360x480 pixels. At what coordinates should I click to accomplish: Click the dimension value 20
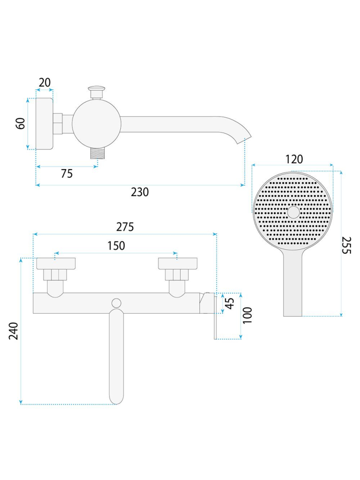[45, 82]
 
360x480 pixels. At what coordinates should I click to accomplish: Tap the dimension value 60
[21, 123]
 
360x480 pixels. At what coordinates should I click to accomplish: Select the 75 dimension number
[67, 173]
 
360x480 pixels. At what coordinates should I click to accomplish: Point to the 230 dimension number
[140, 192]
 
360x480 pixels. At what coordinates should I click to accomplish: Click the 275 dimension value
[125, 227]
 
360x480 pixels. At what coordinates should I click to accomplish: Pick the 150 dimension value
[116, 246]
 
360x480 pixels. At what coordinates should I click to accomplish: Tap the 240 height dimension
[13, 331]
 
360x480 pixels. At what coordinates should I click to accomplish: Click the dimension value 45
[230, 303]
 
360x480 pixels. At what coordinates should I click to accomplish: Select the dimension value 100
[247, 315]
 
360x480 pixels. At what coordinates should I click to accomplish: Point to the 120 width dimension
[294, 159]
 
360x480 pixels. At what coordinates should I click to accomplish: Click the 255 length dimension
[346, 245]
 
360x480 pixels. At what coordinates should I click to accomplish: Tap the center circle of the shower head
[294, 212]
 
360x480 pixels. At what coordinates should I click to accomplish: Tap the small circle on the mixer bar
[116, 303]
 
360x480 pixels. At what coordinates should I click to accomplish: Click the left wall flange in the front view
[56, 264]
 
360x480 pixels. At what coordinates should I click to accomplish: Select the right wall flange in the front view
[177, 264]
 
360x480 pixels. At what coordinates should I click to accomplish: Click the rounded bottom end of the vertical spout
[116, 399]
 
